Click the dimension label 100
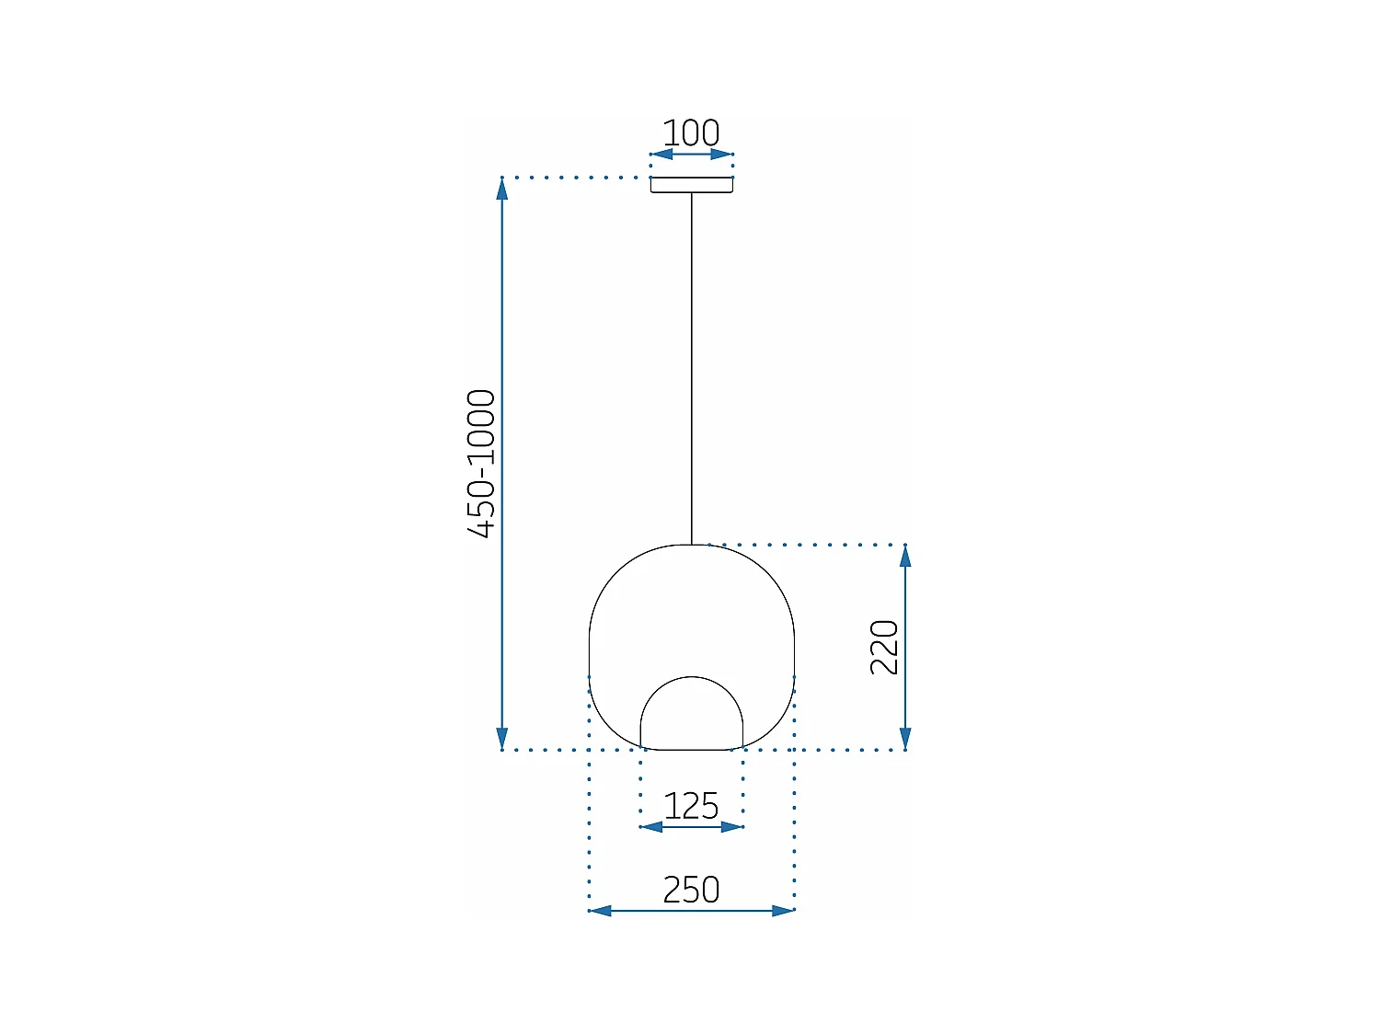(691, 133)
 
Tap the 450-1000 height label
(481, 463)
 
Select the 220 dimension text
(884, 647)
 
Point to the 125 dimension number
(691, 807)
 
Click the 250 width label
(691, 890)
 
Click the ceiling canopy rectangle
(691, 185)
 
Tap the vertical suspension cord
(692, 368)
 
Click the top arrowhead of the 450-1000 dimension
(501, 189)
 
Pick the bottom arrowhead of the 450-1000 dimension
(501, 738)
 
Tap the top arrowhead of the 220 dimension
(905, 556)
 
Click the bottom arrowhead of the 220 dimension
(905, 738)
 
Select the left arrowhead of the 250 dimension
(600, 911)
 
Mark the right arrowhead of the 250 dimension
(783, 911)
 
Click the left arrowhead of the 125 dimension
(651, 827)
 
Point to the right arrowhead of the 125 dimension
(731, 827)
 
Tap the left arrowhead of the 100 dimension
(661, 155)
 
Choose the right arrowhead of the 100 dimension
(722, 155)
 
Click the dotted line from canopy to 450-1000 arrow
(575, 178)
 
